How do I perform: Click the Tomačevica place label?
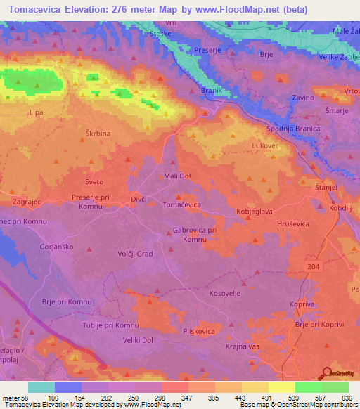click(182, 204)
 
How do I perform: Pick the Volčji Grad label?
click(134, 254)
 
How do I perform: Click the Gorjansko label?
click(58, 247)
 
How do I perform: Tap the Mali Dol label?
click(176, 176)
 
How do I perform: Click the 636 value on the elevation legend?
click(346, 398)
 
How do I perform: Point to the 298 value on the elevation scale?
click(147, 398)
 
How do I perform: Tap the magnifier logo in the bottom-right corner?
click(326, 373)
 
